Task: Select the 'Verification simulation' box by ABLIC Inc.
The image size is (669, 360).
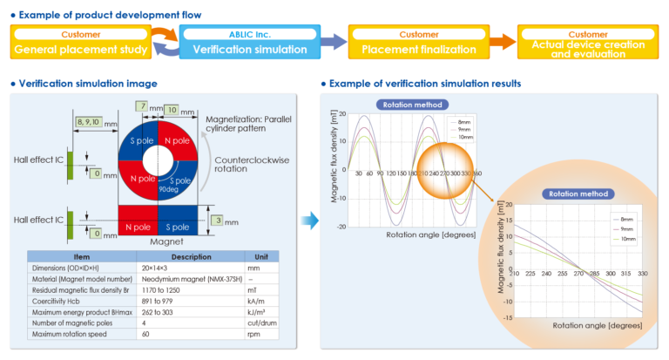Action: (x=244, y=43)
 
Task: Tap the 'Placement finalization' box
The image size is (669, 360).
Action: (x=408, y=43)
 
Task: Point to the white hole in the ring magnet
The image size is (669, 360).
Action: (x=158, y=162)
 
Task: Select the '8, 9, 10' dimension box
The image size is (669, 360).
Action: (x=89, y=123)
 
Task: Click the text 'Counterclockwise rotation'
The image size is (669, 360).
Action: (x=247, y=164)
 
